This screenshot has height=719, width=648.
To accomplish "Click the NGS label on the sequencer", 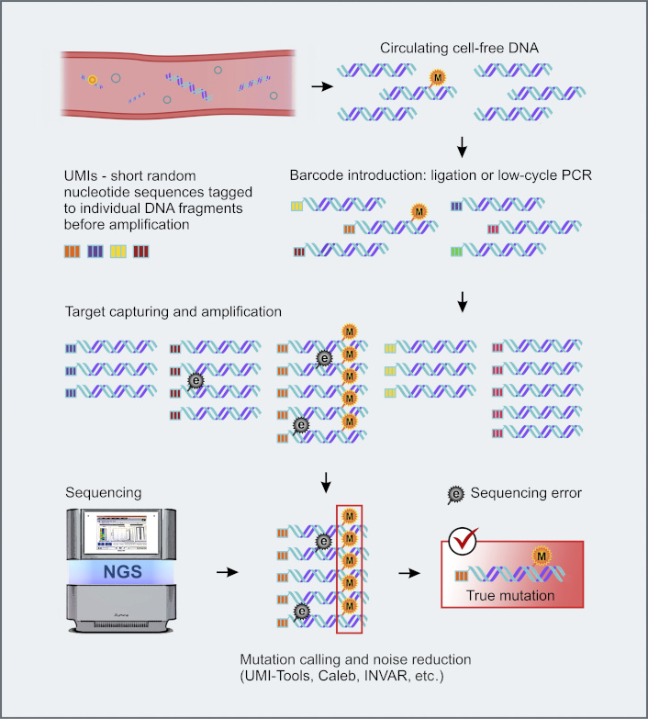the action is click(x=122, y=572).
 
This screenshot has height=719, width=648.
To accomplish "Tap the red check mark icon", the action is click(x=463, y=541).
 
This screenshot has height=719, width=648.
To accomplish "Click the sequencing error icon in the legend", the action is click(x=455, y=494).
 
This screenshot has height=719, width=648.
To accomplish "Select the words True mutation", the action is click(x=510, y=596).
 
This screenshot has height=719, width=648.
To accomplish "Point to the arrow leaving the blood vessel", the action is click(x=322, y=86).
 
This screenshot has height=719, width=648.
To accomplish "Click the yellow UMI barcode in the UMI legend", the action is click(x=118, y=252).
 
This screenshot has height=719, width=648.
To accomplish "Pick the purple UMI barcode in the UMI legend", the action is click(x=95, y=252).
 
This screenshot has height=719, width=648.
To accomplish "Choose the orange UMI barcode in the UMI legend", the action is click(x=72, y=252).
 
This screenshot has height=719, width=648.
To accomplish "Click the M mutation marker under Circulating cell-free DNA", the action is click(x=437, y=77).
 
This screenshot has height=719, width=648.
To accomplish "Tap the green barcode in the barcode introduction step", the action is click(x=456, y=252).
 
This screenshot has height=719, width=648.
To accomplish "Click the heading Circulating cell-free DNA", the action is click(x=459, y=48).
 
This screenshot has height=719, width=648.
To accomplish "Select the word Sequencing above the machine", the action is click(x=104, y=493).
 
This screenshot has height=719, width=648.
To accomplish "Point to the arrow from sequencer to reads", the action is click(x=228, y=572).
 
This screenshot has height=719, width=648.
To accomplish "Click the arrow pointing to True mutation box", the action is click(x=409, y=573).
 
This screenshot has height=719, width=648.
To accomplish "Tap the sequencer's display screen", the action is click(x=121, y=533).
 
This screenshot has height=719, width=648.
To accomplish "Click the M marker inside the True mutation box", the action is click(x=542, y=556).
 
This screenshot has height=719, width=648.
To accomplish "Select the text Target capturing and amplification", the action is click(x=173, y=312).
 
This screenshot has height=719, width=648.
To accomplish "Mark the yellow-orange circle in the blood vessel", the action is click(x=93, y=80).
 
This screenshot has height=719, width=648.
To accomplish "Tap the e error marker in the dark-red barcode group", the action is click(x=196, y=380).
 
